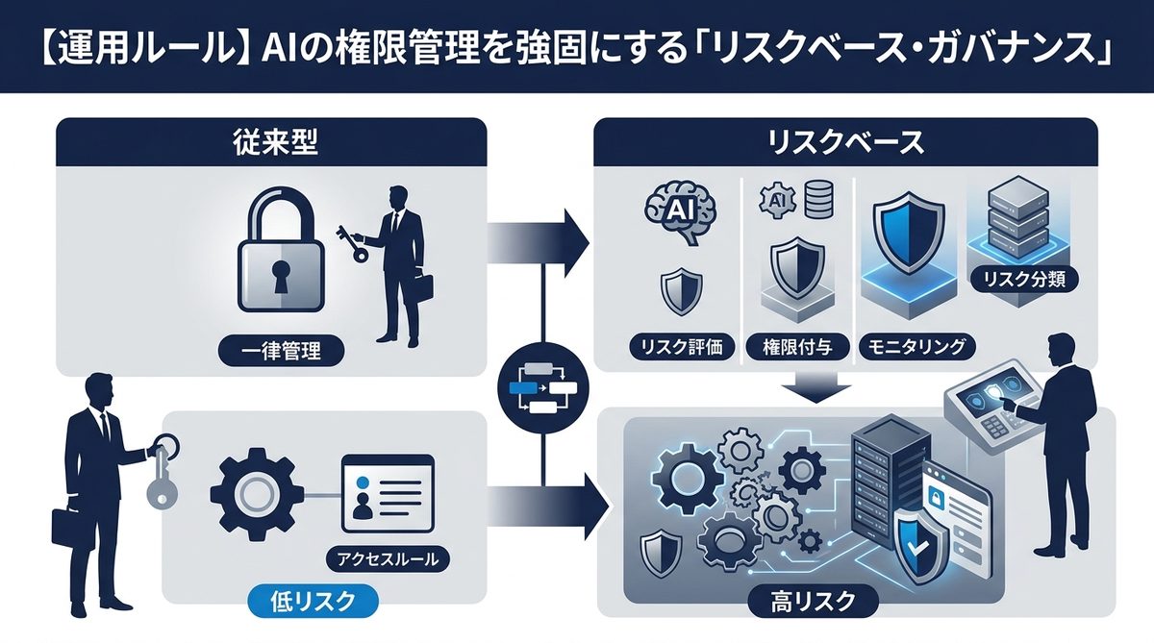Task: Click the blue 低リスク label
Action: click(308, 602)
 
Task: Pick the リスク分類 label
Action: click(1024, 280)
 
